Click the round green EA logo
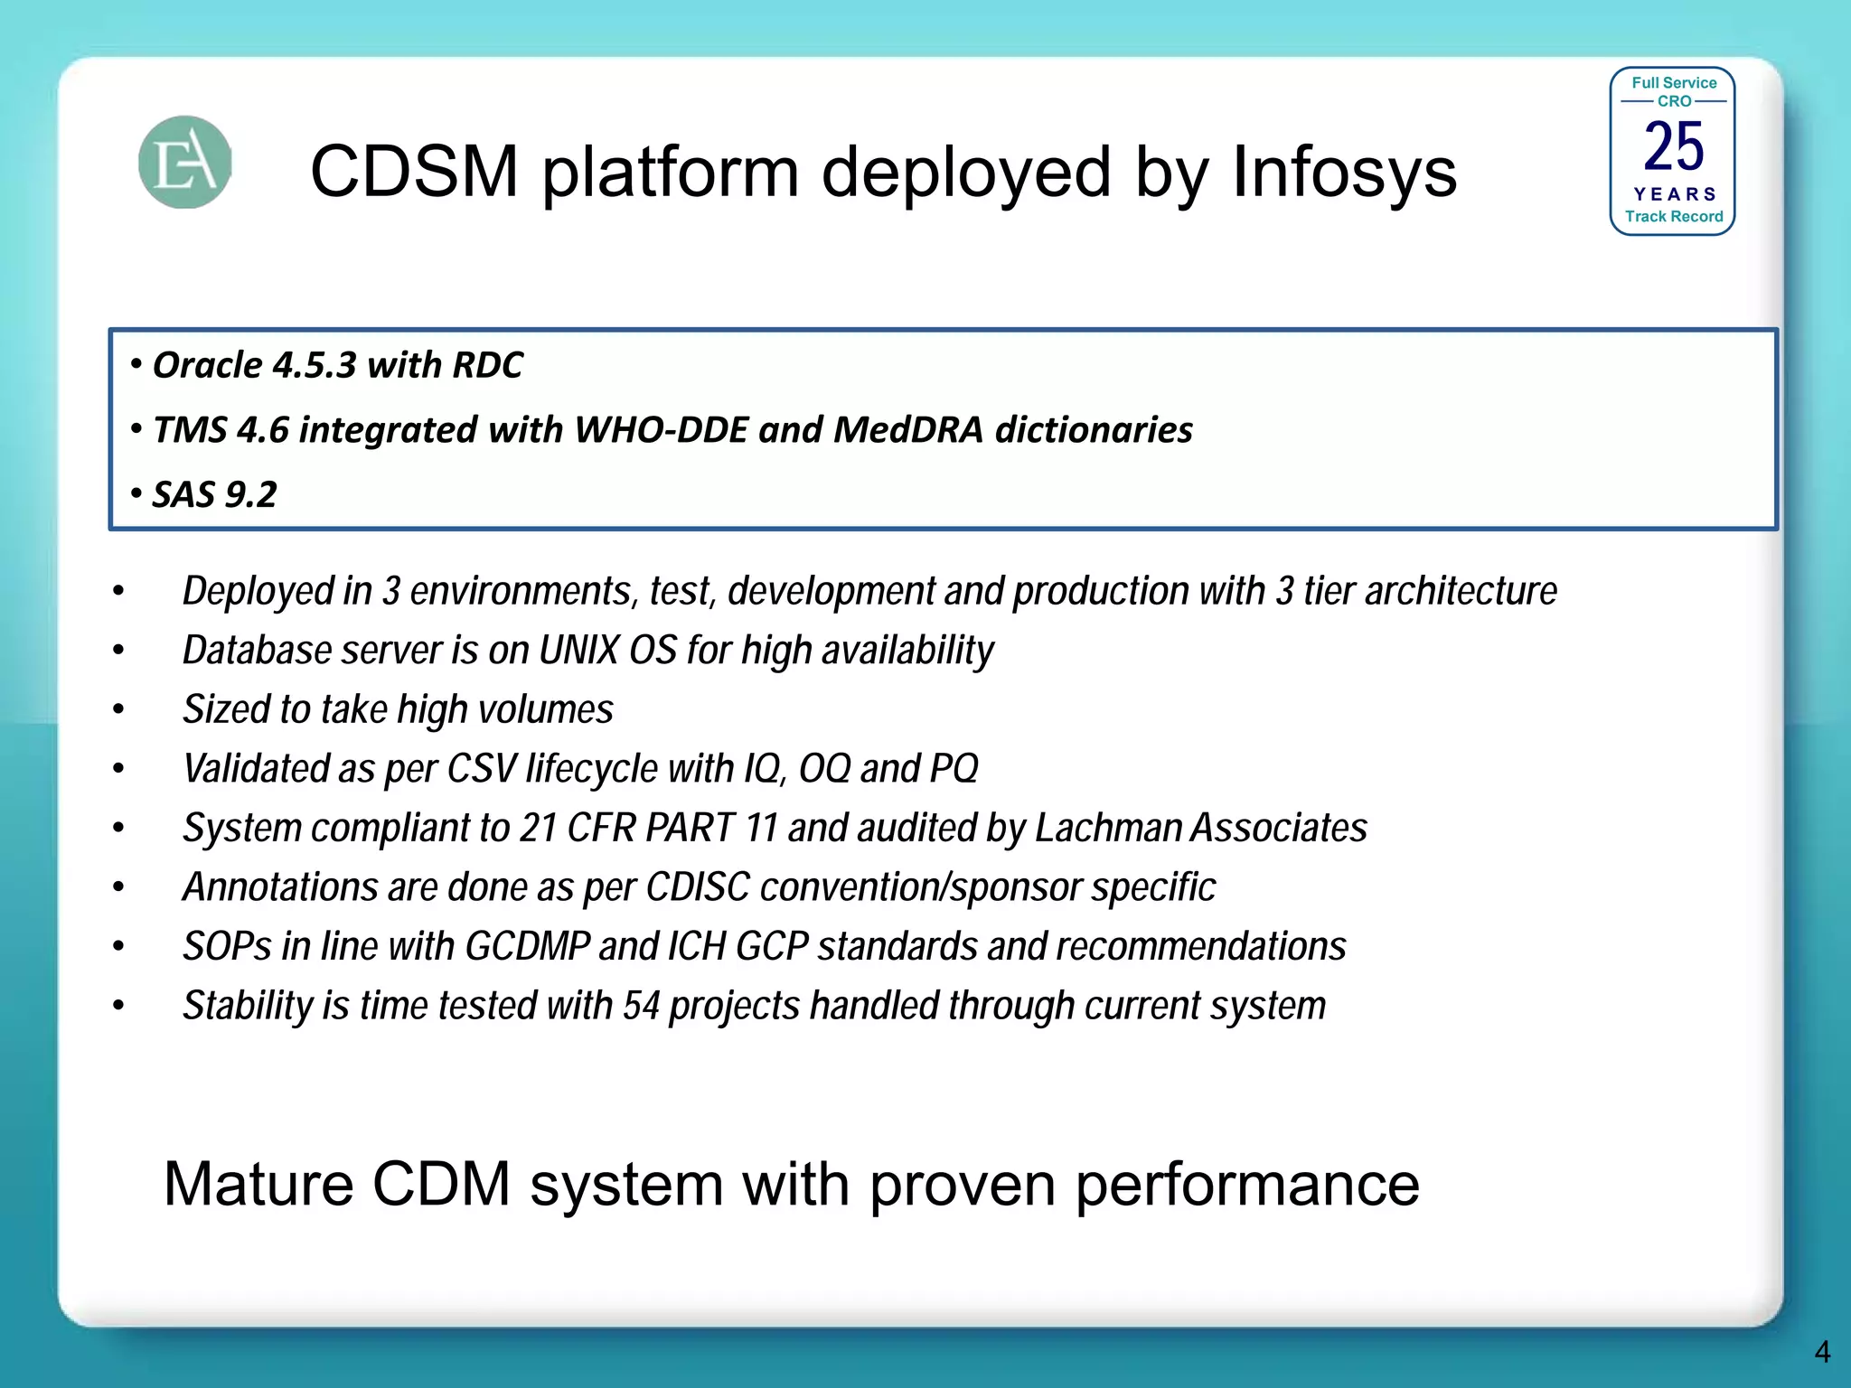[x=185, y=163]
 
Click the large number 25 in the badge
[x=1673, y=146]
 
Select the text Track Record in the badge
[x=1673, y=217]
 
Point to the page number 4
[x=1821, y=1352]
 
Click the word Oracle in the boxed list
[x=207, y=366]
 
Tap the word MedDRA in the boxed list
[x=907, y=430]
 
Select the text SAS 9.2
[x=214, y=495]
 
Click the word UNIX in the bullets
[x=578, y=651]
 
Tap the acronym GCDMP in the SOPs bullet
[x=527, y=947]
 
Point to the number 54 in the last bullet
[x=641, y=1007]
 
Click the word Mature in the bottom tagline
[x=258, y=1184]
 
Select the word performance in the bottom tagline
[x=1246, y=1186]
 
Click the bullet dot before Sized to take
[x=118, y=710]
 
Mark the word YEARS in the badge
[x=1674, y=194]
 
